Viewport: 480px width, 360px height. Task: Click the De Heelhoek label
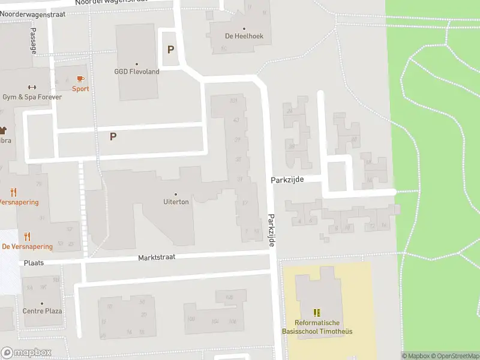click(x=244, y=36)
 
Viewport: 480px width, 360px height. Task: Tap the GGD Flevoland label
click(x=137, y=71)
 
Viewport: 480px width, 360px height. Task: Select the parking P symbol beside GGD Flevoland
click(x=171, y=50)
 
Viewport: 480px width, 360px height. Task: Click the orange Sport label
click(x=80, y=89)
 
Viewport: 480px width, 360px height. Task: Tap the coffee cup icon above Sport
click(x=80, y=79)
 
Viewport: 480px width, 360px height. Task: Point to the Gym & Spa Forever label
click(x=32, y=97)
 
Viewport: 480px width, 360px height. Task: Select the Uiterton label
click(x=176, y=202)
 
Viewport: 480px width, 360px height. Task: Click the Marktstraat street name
click(x=156, y=259)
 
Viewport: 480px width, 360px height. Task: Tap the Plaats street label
click(x=34, y=263)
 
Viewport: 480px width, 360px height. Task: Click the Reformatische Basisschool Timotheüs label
click(x=316, y=327)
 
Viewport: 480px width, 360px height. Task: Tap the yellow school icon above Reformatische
click(x=317, y=313)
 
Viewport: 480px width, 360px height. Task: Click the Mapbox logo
click(x=26, y=353)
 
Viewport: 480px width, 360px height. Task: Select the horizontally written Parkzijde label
click(x=288, y=179)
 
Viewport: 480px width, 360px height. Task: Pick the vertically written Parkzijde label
click(x=271, y=229)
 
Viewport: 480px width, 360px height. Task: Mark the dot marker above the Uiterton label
click(x=176, y=194)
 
